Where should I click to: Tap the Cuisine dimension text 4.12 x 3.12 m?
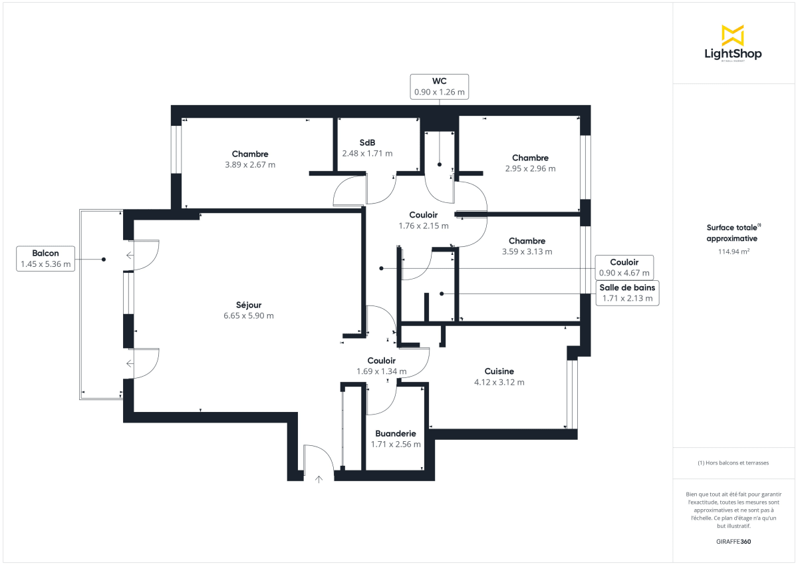pyautogui.click(x=499, y=383)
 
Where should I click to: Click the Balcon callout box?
pyautogui.click(x=45, y=259)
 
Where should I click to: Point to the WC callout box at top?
pyautogui.click(x=439, y=87)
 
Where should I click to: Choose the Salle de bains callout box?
pyautogui.click(x=627, y=293)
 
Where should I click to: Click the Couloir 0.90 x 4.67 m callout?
pyautogui.click(x=624, y=268)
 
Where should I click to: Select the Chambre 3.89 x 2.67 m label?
pyautogui.click(x=250, y=160)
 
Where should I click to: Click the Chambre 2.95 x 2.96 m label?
pyautogui.click(x=530, y=163)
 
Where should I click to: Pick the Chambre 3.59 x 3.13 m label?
pyautogui.click(x=527, y=246)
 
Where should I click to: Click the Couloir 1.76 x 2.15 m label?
pyautogui.click(x=423, y=220)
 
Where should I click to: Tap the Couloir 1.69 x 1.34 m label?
pyautogui.click(x=381, y=366)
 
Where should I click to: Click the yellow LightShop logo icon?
pyautogui.click(x=733, y=35)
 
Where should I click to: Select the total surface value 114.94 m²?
pyautogui.click(x=732, y=252)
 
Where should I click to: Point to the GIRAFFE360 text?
pyautogui.click(x=732, y=542)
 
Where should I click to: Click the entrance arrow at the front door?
pyautogui.click(x=319, y=477)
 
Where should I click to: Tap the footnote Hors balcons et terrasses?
pyautogui.click(x=732, y=463)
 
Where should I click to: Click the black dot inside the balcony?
pyautogui.click(x=104, y=260)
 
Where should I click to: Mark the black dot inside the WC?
pyautogui.click(x=440, y=164)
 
